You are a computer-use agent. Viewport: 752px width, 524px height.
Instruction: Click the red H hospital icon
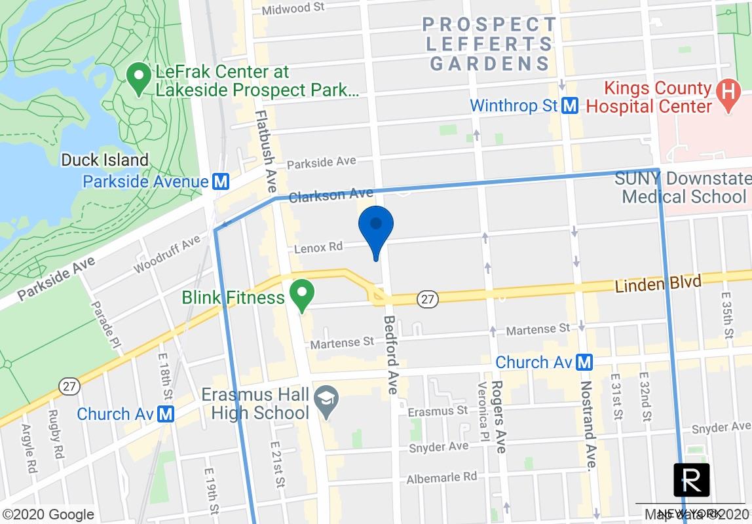[726, 97]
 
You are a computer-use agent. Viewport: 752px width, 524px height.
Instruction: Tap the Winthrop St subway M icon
[570, 105]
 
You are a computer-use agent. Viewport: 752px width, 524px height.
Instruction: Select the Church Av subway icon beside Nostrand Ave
[585, 362]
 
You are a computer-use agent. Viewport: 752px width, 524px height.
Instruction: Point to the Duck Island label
[105, 160]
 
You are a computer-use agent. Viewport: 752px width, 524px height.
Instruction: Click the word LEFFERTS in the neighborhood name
[489, 45]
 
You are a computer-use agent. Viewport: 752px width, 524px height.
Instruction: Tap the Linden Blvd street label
[658, 284]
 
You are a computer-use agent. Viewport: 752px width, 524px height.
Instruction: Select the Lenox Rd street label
[318, 247]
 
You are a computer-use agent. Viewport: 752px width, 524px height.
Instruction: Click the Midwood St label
[293, 9]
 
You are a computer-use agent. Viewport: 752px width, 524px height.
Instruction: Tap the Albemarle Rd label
[443, 477]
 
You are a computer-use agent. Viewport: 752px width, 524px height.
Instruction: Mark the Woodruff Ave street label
[167, 255]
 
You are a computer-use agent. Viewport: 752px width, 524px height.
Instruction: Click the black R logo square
[691, 480]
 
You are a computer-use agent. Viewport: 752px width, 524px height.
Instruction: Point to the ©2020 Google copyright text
[48, 515]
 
